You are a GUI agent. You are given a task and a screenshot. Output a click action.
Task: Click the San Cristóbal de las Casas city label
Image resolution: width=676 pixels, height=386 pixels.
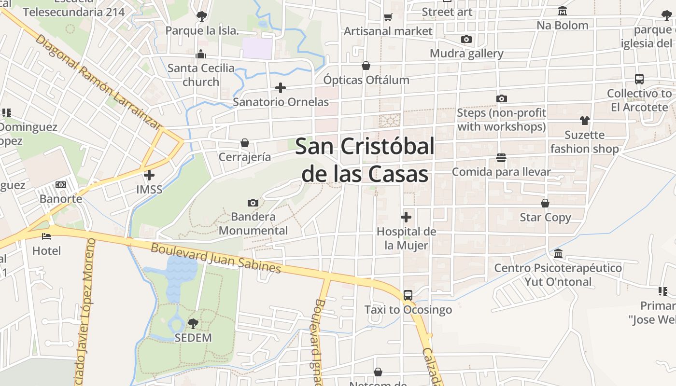click(x=365, y=160)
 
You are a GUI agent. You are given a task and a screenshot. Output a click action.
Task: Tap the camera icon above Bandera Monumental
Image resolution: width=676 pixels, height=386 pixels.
click(x=253, y=203)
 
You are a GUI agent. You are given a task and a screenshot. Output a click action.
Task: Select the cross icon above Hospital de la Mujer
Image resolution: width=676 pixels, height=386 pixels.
click(x=406, y=217)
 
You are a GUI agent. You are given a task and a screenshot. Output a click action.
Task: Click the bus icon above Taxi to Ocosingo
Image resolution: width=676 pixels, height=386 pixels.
click(x=408, y=295)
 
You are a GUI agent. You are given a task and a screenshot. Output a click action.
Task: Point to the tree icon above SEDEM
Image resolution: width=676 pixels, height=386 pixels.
click(x=193, y=323)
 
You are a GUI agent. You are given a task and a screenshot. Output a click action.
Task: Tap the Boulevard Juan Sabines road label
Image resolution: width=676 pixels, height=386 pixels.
click(x=216, y=259)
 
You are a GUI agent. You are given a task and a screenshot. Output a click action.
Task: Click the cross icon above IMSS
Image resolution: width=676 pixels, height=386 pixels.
click(x=149, y=175)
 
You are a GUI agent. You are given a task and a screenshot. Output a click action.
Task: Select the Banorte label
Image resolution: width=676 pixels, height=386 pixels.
click(x=61, y=199)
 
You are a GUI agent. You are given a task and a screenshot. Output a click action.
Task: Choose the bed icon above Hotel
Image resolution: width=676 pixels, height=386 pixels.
click(x=46, y=236)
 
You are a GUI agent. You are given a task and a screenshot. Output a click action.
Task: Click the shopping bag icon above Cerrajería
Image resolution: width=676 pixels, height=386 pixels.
click(x=245, y=143)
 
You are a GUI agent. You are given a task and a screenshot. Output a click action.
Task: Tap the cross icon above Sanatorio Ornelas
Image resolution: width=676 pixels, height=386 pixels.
click(x=281, y=88)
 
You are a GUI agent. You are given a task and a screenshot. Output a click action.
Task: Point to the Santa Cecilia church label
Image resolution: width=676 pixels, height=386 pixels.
click(x=201, y=75)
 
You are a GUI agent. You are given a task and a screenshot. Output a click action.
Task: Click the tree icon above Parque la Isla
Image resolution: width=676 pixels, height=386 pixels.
click(x=202, y=16)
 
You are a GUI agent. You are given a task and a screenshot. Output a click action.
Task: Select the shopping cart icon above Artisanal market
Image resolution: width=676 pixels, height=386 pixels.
click(x=388, y=17)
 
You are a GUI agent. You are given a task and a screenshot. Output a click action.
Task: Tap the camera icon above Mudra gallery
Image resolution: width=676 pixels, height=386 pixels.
click(x=466, y=40)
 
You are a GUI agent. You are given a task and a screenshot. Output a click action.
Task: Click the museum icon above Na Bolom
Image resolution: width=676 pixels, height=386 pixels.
click(x=563, y=11)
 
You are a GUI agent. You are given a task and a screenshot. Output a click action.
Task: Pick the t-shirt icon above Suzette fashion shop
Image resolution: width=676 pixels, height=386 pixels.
click(x=585, y=121)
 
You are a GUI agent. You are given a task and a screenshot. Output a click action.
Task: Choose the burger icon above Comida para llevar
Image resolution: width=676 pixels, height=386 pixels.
click(x=501, y=158)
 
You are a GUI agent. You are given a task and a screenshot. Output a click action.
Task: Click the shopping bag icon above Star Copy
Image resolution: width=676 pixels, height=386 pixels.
click(x=545, y=203)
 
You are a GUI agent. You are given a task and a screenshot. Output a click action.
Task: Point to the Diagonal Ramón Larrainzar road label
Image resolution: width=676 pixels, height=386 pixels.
click(x=98, y=82)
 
